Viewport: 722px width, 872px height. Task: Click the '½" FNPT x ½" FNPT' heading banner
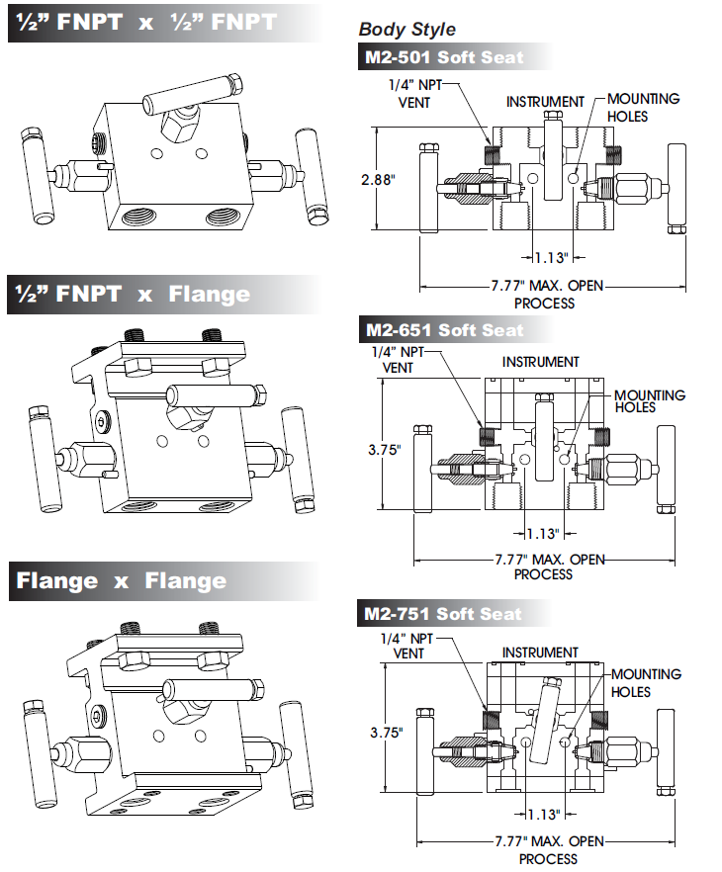pyautogui.click(x=143, y=22)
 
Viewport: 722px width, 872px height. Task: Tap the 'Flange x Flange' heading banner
pyautogui.click(x=121, y=580)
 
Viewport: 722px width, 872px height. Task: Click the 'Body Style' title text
pyautogui.click(x=407, y=30)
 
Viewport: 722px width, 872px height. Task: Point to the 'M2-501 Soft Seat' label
pyautogui.click(x=444, y=56)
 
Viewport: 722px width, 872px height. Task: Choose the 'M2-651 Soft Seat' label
pyautogui.click(x=444, y=329)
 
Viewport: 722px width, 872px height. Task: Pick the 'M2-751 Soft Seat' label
pyautogui.click(x=442, y=614)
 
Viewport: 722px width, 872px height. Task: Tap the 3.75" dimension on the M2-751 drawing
pyautogui.click(x=387, y=733)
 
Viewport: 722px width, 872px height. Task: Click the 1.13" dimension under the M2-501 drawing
pyautogui.click(x=551, y=257)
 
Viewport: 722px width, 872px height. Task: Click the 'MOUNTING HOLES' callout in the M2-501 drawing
pyautogui.click(x=643, y=107)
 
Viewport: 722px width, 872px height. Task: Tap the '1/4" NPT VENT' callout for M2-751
pyautogui.click(x=408, y=646)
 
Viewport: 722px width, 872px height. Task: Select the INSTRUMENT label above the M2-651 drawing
pyautogui.click(x=540, y=362)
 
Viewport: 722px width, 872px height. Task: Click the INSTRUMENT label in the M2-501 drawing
pyautogui.click(x=545, y=102)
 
